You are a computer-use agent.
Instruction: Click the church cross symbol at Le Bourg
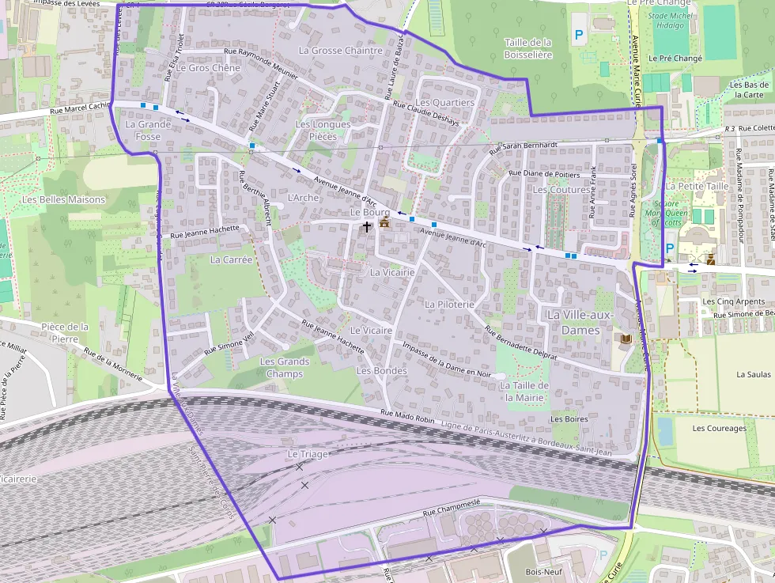(x=366, y=225)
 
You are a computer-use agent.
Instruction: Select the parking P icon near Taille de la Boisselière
(x=579, y=35)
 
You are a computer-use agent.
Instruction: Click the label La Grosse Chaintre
(x=340, y=51)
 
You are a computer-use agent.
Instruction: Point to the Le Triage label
(x=307, y=454)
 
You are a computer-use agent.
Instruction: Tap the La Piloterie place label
(x=449, y=304)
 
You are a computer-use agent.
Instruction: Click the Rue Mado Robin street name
(x=407, y=415)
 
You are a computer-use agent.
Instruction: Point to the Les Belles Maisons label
(x=64, y=199)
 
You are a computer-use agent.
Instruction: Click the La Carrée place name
(x=231, y=259)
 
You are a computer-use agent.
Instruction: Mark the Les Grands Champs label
(x=285, y=368)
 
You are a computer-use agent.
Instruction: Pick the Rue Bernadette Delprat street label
(x=521, y=344)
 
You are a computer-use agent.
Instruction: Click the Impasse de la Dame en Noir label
(x=447, y=363)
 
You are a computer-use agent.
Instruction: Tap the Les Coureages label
(x=719, y=429)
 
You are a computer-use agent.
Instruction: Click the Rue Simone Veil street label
(x=229, y=342)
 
